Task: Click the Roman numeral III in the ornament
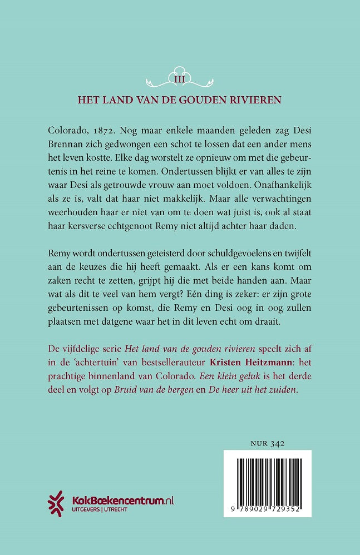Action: point(180,80)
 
